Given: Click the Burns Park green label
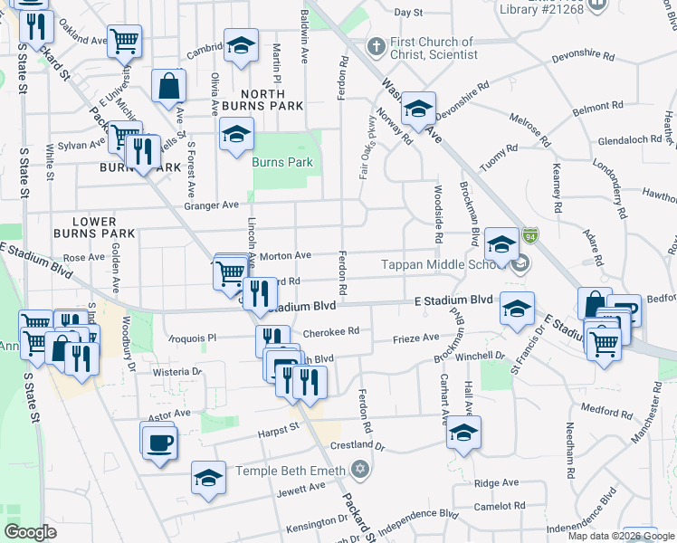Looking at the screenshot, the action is click(282, 163).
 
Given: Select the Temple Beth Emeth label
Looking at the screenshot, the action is click(291, 471).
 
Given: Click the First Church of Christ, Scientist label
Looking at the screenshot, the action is click(434, 48).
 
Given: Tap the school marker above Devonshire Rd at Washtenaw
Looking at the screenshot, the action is click(418, 110).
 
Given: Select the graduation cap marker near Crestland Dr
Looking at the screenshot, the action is click(464, 433).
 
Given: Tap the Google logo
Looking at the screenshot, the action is click(31, 531).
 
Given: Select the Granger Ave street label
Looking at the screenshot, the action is click(211, 205).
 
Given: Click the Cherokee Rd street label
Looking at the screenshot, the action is click(331, 331).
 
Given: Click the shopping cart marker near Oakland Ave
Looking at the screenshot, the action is click(124, 40).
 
